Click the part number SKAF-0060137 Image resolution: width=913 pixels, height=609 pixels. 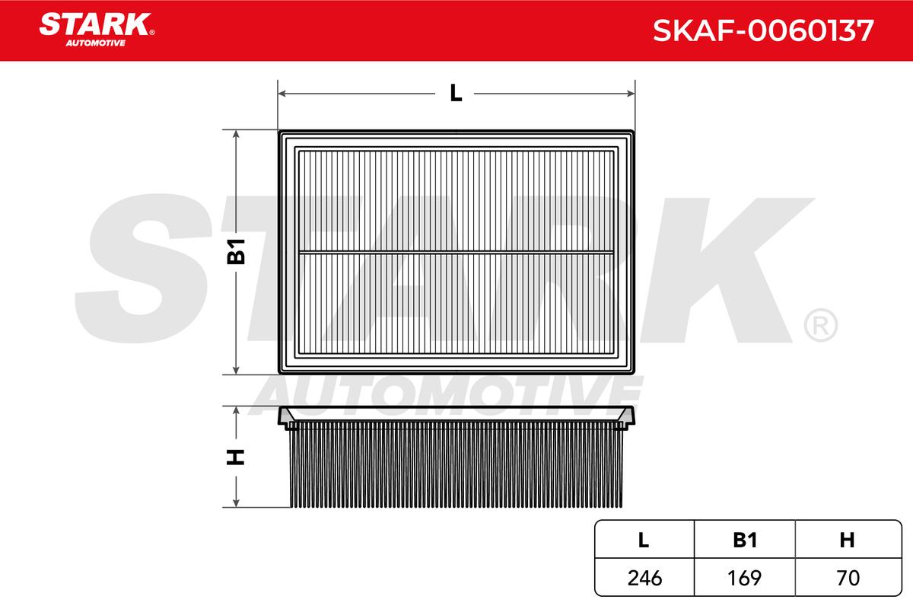(x=763, y=30)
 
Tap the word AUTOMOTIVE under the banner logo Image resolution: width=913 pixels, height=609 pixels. (x=95, y=43)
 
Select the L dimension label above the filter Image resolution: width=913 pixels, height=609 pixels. (x=456, y=93)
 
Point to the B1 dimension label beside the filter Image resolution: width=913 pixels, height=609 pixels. (x=236, y=252)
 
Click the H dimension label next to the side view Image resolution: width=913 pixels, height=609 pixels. (x=235, y=457)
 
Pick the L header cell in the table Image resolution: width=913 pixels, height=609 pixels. (x=643, y=540)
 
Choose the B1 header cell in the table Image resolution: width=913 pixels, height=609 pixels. (x=745, y=540)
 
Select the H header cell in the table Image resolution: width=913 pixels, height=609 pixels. (x=847, y=540)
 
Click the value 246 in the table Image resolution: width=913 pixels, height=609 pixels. (x=645, y=578)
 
